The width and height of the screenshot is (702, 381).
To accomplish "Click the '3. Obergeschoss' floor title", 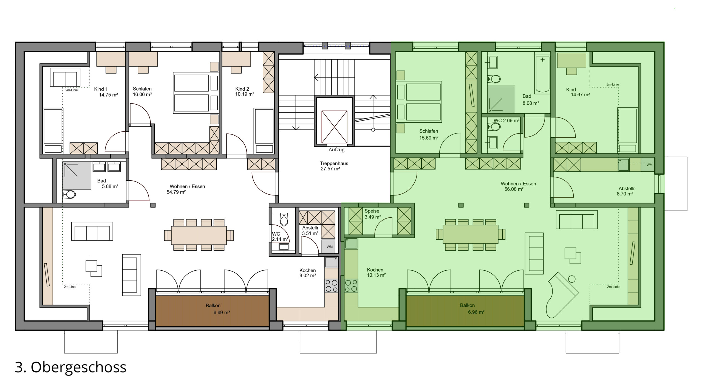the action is point(70,367).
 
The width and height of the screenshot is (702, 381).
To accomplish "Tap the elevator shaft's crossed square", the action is point(334,127).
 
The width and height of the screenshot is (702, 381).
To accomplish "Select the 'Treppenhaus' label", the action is point(334,163).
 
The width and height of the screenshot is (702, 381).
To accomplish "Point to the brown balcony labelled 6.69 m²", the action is point(212,311).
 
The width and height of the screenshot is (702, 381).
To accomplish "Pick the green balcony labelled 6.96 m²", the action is point(465,311).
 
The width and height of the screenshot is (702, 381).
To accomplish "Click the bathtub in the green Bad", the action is point(542,74).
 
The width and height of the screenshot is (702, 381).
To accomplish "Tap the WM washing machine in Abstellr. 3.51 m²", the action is point(329,246).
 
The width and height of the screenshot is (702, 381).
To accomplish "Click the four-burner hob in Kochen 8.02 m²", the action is point(331,285).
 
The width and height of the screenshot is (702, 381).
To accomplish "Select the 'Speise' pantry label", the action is point(372,211).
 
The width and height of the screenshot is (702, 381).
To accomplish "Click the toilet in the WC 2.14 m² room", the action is point(284,220).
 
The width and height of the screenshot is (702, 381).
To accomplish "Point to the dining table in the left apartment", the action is point(199,235).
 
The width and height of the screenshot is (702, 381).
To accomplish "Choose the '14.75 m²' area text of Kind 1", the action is point(108,95).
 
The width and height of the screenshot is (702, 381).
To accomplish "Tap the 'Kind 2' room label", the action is point(242,89).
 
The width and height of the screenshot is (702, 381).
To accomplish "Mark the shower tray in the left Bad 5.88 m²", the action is point(77,175).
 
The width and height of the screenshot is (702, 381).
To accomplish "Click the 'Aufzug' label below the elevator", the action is point(336,150).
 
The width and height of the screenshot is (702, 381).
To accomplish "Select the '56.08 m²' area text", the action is point(514,189).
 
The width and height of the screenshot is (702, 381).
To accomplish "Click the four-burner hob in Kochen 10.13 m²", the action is point(351,285).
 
